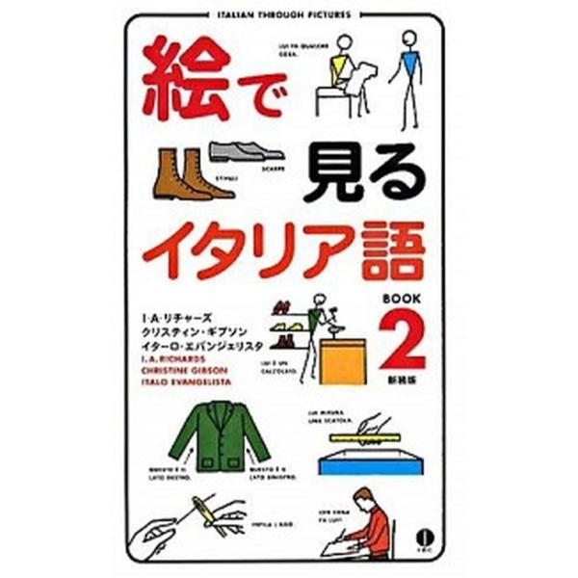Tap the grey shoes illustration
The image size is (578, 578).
click(x=247, y=152)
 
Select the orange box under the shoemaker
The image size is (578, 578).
click(x=345, y=361)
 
